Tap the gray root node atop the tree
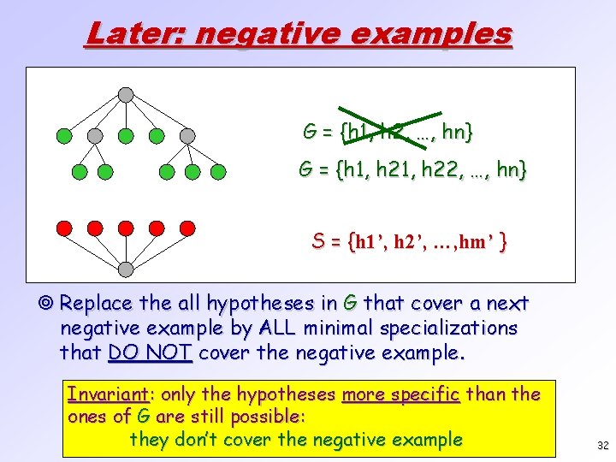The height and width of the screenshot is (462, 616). coord(126,94)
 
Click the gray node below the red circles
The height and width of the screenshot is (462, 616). coord(126,269)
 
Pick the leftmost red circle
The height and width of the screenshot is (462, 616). coord(63,228)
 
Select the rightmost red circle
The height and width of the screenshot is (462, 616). coord(187,228)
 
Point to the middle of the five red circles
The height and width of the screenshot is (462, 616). coord(126,228)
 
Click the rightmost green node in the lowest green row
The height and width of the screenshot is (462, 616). coord(218,172)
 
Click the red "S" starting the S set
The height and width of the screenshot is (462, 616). coord(317,242)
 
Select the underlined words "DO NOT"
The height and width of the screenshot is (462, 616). coord(151,352)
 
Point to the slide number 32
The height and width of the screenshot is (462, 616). coord(602,446)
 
